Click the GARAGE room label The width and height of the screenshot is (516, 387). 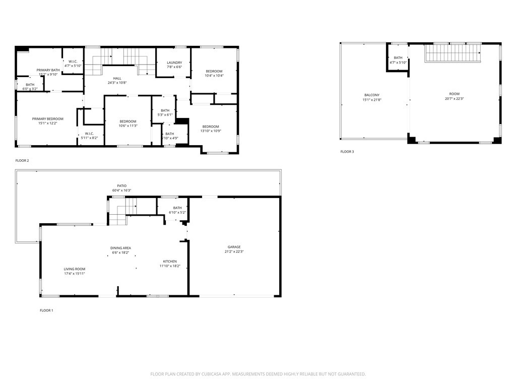pyautogui.click(x=234, y=247)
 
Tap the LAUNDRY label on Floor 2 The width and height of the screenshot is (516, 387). pyautogui.click(x=174, y=62)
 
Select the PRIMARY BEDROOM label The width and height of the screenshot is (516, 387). pyautogui.click(x=48, y=119)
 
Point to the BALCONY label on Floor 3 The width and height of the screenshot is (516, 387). pyautogui.click(x=372, y=95)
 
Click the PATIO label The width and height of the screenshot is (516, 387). pyautogui.click(x=121, y=186)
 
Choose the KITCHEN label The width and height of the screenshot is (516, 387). pyautogui.click(x=170, y=261)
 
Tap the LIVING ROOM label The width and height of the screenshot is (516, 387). pyautogui.click(x=74, y=269)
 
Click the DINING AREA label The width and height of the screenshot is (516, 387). pyautogui.click(x=120, y=248)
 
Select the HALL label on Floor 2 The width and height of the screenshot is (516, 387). pyautogui.click(x=117, y=78)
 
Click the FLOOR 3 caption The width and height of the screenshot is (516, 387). pyautogui.click(x=347, y=152)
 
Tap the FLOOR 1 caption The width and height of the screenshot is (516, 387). pyautogui.click(x=46, y=310)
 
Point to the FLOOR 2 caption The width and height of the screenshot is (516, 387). pyautogui.click(x=22, y=161)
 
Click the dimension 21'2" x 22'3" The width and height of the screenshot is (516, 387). pyautogui.click(x=234, y=251)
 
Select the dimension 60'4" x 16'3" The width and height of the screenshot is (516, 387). pyautogui.click(x=121, y=190)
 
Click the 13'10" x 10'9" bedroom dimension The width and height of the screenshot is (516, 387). pyautogui.click(x=211, y=131)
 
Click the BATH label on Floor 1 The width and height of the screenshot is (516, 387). pyautogui.click(x=177, y=208)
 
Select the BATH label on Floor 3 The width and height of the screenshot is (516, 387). pyautogui.click(x=398, y=58)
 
